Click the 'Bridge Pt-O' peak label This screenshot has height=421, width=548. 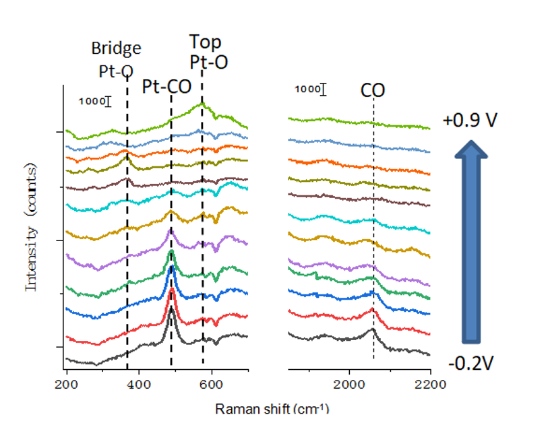117,59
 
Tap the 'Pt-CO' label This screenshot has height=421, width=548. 166,86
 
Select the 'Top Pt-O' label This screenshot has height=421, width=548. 208,53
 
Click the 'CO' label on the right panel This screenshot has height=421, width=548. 373,90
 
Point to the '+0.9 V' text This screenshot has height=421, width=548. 470,121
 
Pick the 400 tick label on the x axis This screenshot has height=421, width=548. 139,384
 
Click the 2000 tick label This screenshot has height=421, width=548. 349,384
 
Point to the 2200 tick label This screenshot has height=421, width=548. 430,384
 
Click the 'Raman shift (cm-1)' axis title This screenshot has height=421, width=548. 272,409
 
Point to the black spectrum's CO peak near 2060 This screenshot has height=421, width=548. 373,329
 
